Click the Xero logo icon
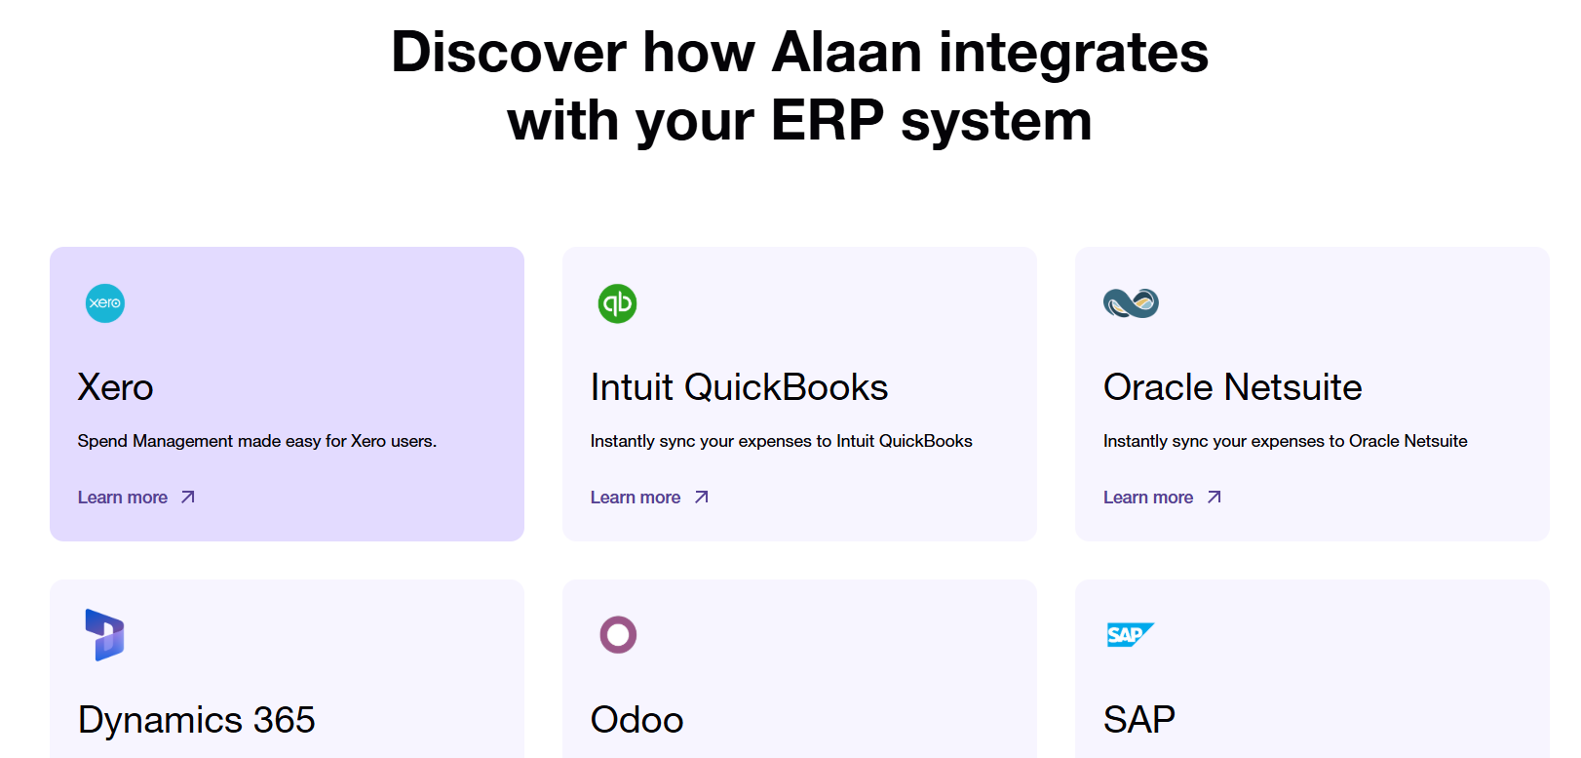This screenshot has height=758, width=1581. click(105, 303)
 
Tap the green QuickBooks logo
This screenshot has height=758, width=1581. click(618, 303)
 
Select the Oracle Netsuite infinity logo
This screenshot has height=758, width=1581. click(1131, 303)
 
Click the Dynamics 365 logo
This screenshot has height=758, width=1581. click(104, 634)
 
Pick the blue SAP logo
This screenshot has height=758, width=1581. click(1130, 634)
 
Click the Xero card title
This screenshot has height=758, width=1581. click(115, 387)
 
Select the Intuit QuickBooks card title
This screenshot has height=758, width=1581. click(739, 387)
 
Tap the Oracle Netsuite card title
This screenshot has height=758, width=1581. click(1232, 387)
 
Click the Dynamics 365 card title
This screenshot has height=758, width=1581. click(196, 720)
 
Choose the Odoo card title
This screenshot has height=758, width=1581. click(636, 720)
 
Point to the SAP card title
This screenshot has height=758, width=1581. click(1139, 720)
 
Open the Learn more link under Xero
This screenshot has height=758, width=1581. click(123, 498)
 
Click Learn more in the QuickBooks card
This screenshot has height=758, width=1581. click(636, 498)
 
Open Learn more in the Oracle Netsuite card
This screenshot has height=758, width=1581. click(1148, 498)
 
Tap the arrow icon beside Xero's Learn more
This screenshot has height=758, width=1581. click(188, 498)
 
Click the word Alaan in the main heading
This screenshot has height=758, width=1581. click(846, 53)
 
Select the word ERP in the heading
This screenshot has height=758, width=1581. click(828, 121)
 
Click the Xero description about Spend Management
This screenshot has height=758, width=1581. click(257, 442)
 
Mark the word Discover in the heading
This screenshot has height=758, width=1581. click(509, 53)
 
